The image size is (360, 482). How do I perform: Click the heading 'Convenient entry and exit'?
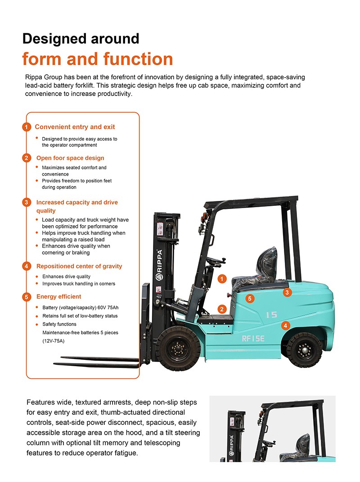point(75,127)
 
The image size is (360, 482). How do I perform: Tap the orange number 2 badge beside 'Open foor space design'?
point(27,158)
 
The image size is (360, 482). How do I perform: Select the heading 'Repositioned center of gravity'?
point(79,266)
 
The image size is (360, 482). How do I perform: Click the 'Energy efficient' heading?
point(59,297)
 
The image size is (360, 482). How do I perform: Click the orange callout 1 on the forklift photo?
point(222,279)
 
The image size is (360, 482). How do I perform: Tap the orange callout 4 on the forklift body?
point(285,325)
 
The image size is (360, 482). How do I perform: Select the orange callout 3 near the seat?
point(288,292)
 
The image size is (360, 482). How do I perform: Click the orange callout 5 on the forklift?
point(250,298)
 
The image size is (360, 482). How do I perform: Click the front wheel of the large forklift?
point(178,348)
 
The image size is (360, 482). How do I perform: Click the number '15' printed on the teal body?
point(271,315)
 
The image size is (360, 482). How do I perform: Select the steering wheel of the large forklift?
point(216,261)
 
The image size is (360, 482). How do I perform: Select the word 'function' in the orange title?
point(138,59)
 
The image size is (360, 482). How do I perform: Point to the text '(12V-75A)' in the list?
point(54,341)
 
